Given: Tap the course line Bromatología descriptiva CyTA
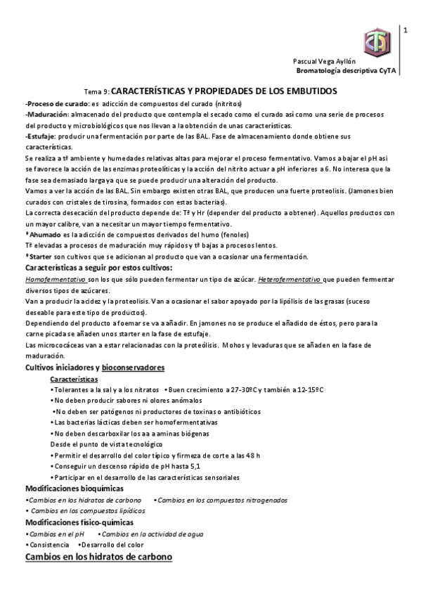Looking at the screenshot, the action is (342, 72).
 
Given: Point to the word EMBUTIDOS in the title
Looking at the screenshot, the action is (310, 91).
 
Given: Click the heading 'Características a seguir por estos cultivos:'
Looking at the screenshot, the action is (98, 268).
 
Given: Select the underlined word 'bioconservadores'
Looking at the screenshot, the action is (133, 368).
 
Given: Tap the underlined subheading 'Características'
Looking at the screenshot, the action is (75, 379).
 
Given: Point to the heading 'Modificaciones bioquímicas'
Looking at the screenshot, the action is (75, 488).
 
